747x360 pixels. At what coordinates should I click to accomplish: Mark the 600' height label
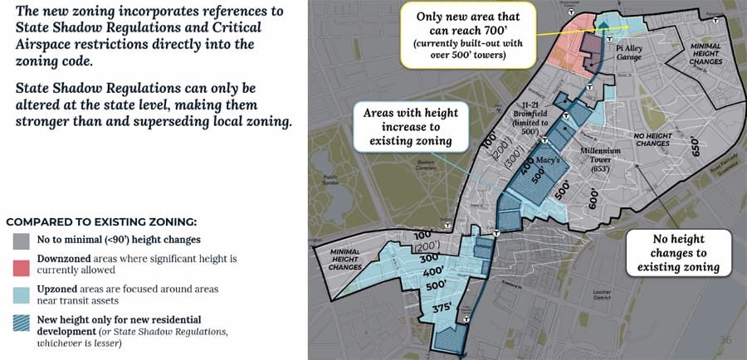click(x=593, y=197)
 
